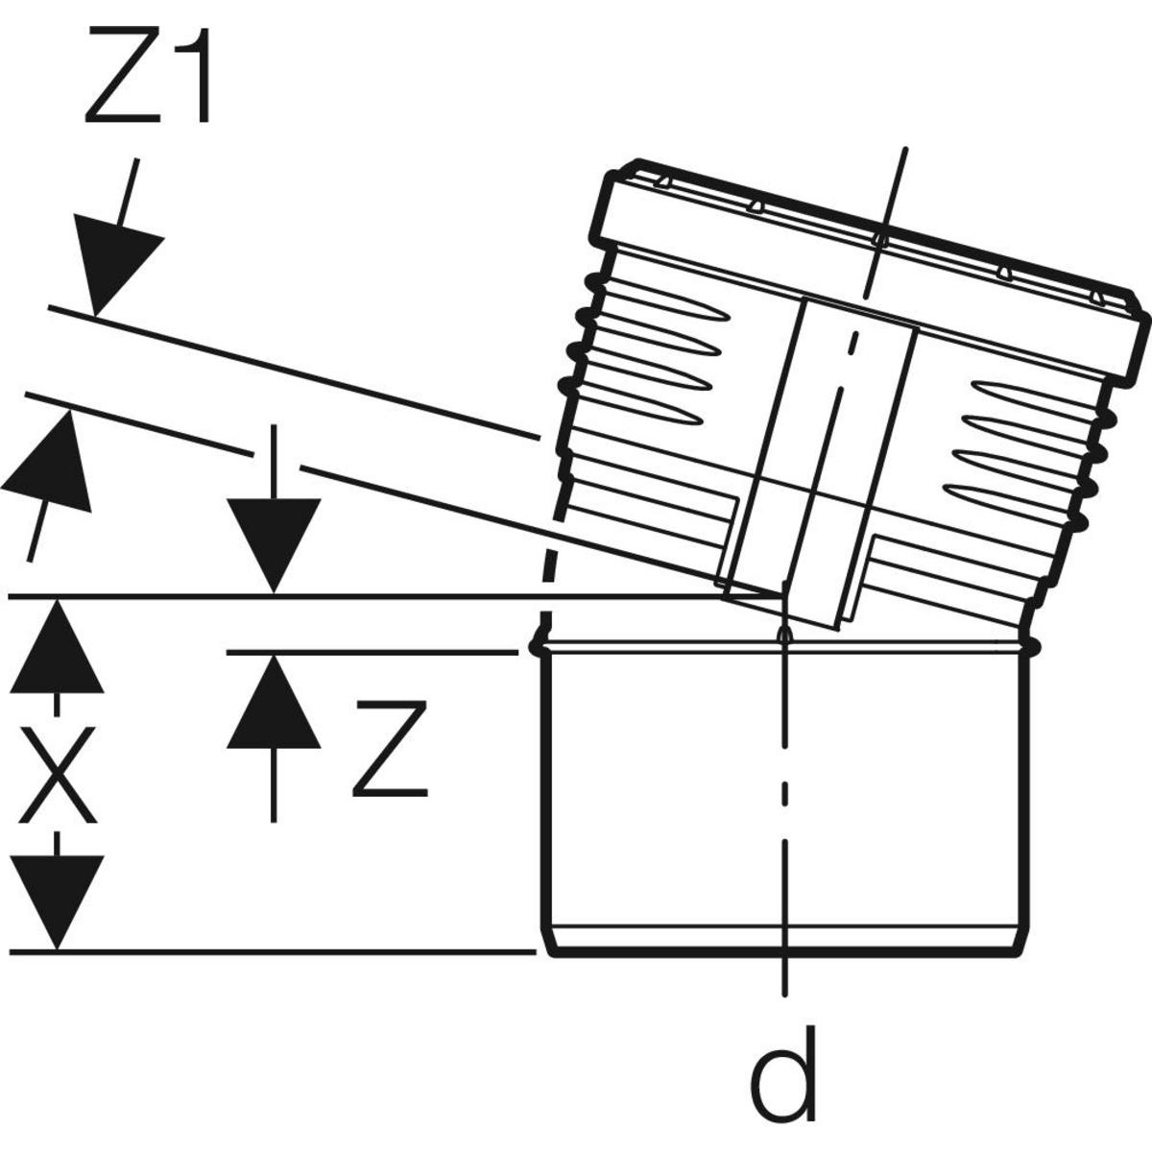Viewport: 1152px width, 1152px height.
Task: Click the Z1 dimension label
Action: [x=149, y=77]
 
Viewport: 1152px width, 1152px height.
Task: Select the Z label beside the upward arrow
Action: [x=389, y=750]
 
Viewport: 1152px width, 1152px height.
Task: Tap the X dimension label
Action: [x=58, y=774]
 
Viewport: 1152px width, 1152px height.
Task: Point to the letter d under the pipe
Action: [x=785, y=1075]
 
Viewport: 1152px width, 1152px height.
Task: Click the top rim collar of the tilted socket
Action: [x=864, y=259]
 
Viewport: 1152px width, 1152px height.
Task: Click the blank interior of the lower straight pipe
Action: [x=672, y=787]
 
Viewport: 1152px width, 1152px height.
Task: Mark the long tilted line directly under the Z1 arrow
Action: [x=288, y=371]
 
